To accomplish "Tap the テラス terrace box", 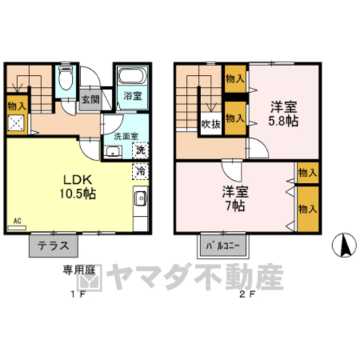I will pyautogui.click(x=54, y=244).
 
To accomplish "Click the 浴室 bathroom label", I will pyautogui.click(x=133, y=96).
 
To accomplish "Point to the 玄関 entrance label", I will pyautogui.click(x=89, y=99).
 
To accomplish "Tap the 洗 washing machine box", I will pyautogui.click(x=140, y=149).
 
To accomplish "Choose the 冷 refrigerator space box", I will pyautogui.click(x=140, y=170).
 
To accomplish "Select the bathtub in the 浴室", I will pyautogui.click(x=131, y=76).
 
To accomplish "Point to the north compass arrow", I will pyautogui.click(x=346, y=244).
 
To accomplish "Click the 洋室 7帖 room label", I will pyautogui.click(x=234, y=196).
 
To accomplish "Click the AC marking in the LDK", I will pyautogui.click(x=17, y=222).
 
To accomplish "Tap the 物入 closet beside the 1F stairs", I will pyautogui.click(x=16, y=106).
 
